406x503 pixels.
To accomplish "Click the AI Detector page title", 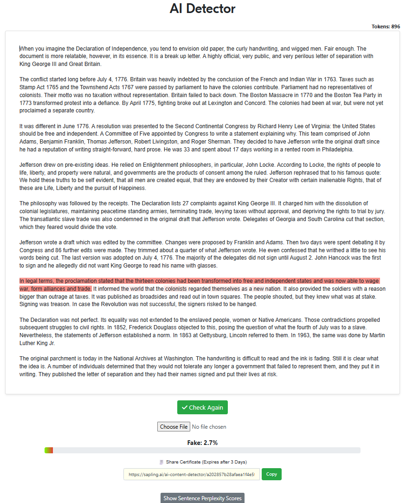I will [202, 9].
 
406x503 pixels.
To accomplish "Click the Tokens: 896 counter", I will [386, 26].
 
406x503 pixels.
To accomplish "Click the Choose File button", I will [174, 427].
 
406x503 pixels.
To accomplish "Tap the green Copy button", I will [271, 474].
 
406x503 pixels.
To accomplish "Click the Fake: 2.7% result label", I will [202, 443].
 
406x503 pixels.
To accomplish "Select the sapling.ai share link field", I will [191, 475].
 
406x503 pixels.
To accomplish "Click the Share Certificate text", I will [206, 462].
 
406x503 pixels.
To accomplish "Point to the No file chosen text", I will [209, 427].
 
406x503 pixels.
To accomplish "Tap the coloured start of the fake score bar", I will [49, 450].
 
